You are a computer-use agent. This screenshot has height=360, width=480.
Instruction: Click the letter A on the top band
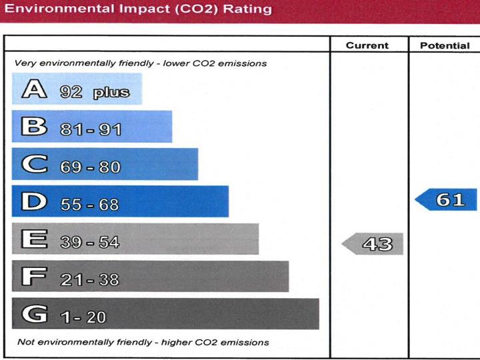[x=34, y=89]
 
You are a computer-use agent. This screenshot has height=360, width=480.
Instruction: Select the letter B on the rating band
[x=34, y=127]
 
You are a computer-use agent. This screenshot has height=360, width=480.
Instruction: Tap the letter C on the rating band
[x=34, y=164]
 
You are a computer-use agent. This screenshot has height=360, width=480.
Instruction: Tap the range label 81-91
[x=91, y=129]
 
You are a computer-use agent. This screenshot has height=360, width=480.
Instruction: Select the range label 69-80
[x=90, y=167]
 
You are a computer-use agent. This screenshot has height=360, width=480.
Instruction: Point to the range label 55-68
[x=89, y=204]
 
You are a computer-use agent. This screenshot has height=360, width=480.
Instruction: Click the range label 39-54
[x=89, y=242]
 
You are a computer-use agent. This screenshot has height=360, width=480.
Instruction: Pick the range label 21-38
[x=89, y=279]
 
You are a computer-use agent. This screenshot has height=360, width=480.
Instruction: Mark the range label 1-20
[x=83, y=317]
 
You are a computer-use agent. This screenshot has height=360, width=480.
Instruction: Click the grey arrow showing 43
[x=373, y=244]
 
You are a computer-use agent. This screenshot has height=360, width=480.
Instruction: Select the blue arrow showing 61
[x=447, y=199]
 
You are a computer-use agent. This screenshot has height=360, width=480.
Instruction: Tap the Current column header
[x=367, y=46]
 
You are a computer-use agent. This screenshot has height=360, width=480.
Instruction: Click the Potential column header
[x=445, y=46]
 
